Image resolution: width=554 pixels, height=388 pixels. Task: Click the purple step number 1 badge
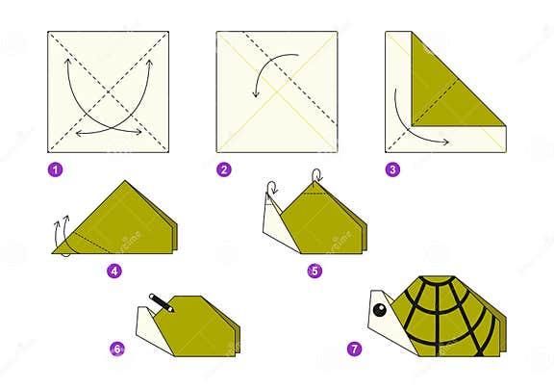56,170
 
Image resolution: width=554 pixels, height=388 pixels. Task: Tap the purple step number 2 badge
224,170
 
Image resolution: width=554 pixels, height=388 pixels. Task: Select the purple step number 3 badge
392,170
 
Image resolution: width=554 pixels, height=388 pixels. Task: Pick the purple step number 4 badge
114,271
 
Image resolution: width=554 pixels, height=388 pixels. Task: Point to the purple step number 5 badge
315,271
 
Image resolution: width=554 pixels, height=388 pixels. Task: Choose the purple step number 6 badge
116,349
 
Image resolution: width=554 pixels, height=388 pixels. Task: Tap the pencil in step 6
160,303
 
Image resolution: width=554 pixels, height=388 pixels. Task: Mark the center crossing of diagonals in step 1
109,91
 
